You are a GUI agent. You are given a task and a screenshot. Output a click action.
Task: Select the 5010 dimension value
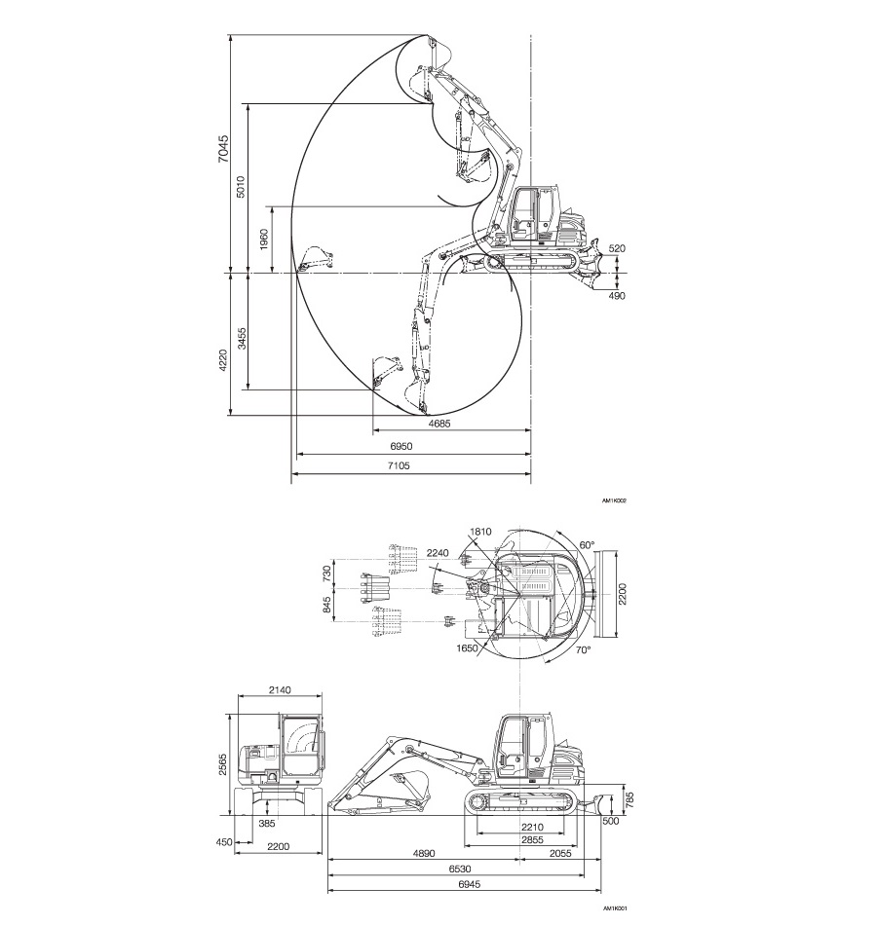point(241,186)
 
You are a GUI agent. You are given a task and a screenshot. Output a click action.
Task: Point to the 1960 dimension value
point(264,240)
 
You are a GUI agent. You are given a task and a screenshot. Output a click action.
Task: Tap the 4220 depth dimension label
point(222,359)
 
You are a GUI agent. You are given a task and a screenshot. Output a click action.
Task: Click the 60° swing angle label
point(586,545)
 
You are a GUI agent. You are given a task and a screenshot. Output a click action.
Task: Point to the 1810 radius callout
point(479,532)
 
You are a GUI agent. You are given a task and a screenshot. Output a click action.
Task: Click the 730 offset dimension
point(326,574)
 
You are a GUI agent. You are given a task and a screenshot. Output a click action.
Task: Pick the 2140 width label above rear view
point(279,689)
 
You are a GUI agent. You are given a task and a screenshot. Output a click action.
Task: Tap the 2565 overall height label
point(222,763)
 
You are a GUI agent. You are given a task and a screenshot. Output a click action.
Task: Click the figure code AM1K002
point(614,501)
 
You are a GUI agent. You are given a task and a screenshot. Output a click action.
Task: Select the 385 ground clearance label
point(266,823)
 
